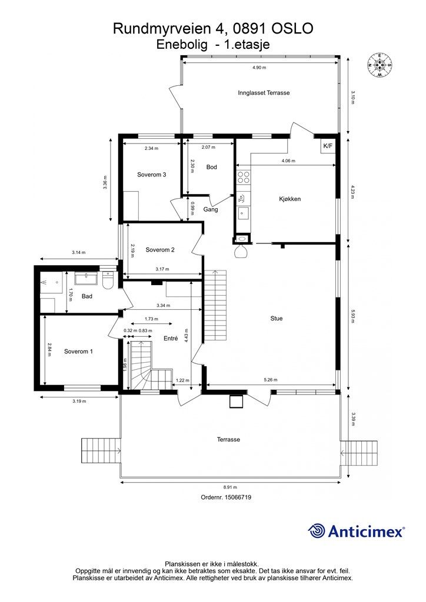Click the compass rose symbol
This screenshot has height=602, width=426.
point(380,66)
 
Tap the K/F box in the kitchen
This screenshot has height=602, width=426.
point(328,146)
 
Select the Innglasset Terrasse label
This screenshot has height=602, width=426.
point(264,92)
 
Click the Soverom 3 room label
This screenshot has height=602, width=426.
point(152,175)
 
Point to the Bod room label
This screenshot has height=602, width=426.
point(212,167)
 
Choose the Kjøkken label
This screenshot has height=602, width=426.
point(289,199)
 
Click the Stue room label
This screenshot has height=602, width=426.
point(277,318)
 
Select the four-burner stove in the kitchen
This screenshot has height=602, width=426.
point(243,176)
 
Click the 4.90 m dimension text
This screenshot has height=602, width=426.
point(259,68)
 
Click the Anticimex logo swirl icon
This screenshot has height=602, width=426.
point(317,531)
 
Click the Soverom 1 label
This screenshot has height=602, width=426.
point(78,352)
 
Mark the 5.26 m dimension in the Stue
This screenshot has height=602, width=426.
point(271,380)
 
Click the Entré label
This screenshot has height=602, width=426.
point(171,338)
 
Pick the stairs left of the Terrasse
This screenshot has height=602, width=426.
point(101,450)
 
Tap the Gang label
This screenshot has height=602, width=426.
point(211,210)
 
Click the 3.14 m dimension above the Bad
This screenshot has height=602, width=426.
point(79,253)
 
